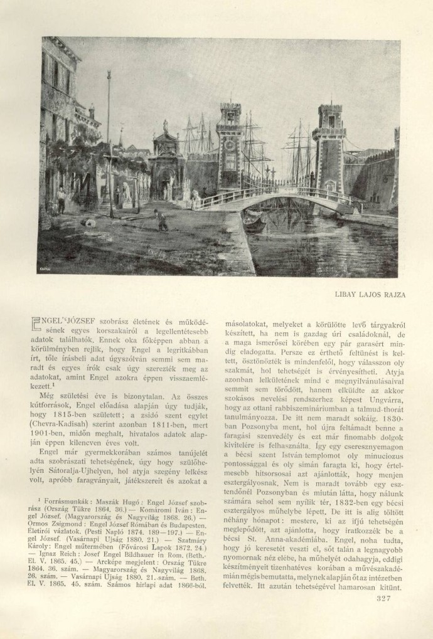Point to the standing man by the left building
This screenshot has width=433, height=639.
point(61,199)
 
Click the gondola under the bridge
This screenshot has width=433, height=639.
point(254,223)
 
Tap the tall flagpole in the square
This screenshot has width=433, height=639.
point(109,144)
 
